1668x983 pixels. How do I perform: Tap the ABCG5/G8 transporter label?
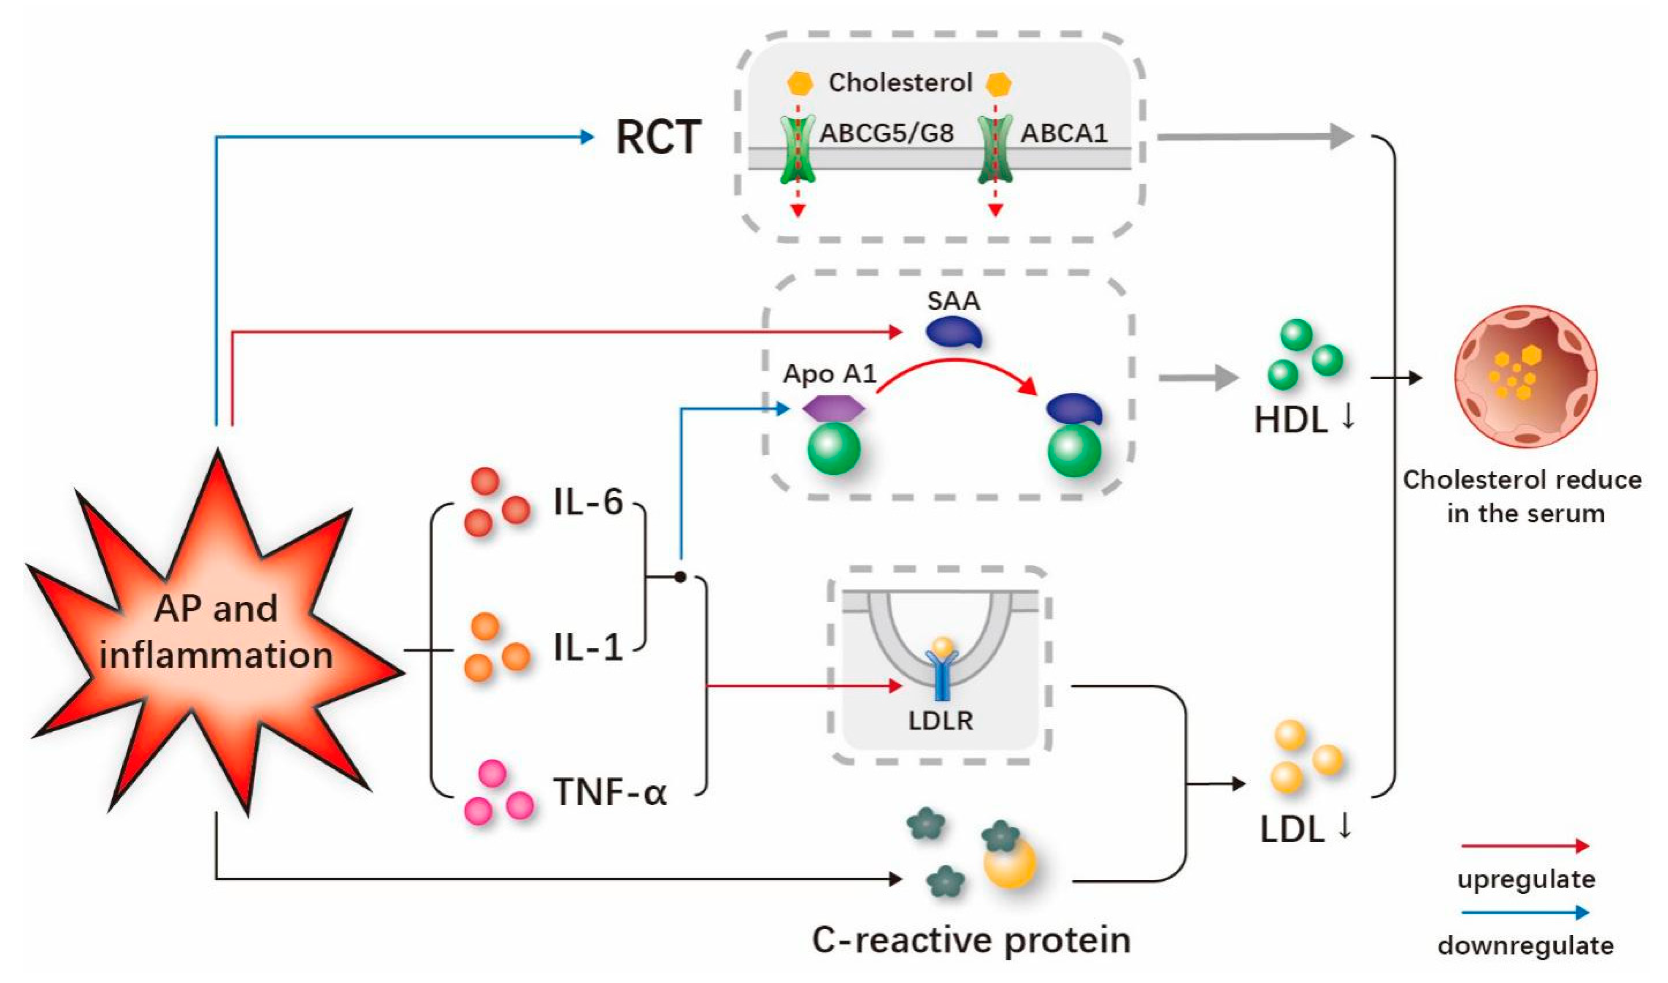tap(886, 133)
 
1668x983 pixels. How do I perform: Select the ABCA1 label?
tap(1063, 133)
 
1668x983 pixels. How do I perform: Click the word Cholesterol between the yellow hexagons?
tap(900, 83)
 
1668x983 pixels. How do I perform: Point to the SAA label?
tap(953, 301)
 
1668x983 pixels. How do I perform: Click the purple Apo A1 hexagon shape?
tap(833, 408)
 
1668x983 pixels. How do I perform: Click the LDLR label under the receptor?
tap(940, 721)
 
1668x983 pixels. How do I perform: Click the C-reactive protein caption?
tap(971, 939)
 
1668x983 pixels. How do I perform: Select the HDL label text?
tap(1291, 420)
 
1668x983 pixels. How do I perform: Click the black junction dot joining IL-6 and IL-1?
tap(680, 578)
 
